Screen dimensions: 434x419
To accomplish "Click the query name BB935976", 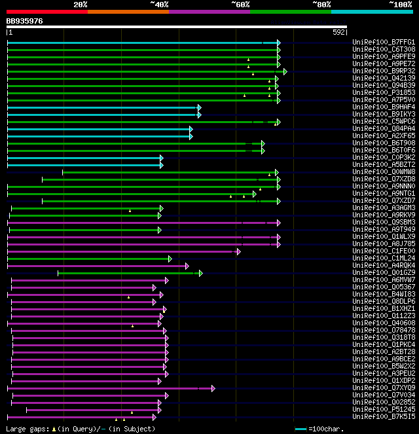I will (25, 21).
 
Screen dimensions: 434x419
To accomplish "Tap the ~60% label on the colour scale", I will (240, 4).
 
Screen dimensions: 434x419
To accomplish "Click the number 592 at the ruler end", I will (339, 31).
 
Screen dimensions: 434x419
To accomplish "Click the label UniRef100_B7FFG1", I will (384, 43).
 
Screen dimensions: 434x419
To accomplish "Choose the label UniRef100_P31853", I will (384, 93).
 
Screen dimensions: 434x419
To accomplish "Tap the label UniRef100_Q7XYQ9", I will (384, 388).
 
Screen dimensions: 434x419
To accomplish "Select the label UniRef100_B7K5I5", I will (384, 417).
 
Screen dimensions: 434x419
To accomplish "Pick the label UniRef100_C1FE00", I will (384, 251).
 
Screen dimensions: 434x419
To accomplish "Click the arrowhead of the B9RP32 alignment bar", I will (285, 71).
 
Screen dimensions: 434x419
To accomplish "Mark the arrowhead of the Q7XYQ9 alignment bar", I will (213, 388).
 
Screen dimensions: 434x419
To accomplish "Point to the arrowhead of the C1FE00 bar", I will (239, 251).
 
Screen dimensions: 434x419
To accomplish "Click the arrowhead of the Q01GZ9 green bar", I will (200, 273).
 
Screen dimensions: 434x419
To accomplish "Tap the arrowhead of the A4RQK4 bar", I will (187, 266).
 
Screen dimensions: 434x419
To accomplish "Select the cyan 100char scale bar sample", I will (301, 429).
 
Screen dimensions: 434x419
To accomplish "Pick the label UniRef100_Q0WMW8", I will (384, 172).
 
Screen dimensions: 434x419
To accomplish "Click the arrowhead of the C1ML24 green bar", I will (170, 259).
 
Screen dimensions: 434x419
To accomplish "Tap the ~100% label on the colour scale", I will (400, 4).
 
